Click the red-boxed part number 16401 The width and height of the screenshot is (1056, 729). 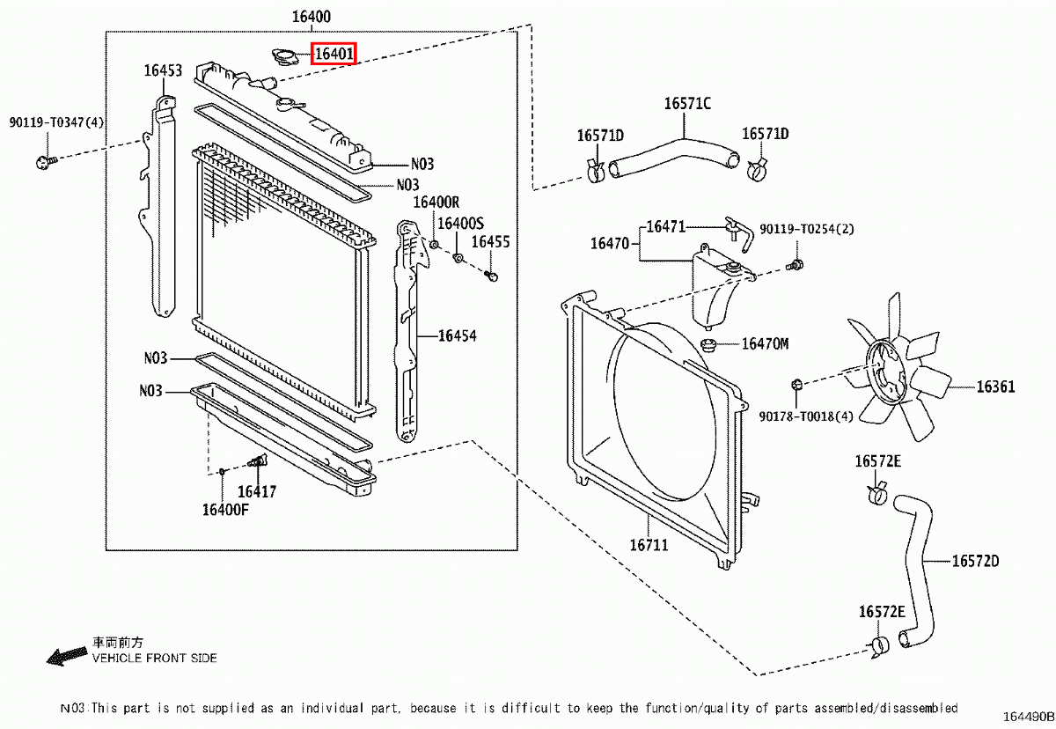click(x=334, y=55)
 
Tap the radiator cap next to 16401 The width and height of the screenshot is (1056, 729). click(x=285, y=58)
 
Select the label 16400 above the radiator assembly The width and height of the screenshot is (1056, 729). click(x=311, y=17)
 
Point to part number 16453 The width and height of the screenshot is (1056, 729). click(x=164, y=70)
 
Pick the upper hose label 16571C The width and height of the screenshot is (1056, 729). click(x=687, y=104)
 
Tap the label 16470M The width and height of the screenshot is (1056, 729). click(x=765, y=343)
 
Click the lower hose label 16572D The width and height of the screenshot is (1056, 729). click(x=974, y=561)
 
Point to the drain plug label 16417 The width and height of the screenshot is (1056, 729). click(x=257, y=492)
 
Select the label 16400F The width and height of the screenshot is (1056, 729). click(x=225, y=509)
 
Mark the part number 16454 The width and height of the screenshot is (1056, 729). click(x=457, y=335)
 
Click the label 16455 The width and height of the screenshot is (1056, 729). click(x=490, y=242)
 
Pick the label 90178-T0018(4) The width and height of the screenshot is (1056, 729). click(x=806, y=416)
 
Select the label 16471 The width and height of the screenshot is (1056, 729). click(x=665, y=226)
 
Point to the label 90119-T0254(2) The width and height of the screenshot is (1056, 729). click(x=807, y=229)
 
